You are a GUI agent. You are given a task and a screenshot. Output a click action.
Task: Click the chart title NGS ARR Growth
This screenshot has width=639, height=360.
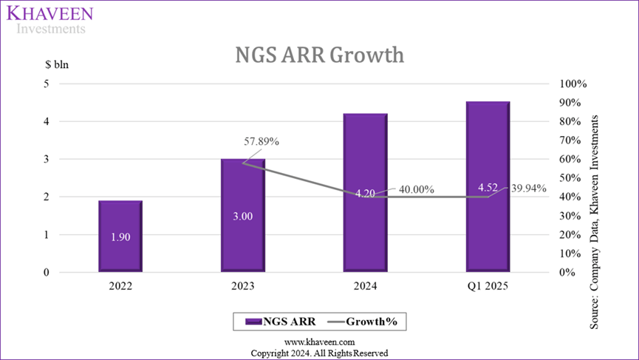point(319,55)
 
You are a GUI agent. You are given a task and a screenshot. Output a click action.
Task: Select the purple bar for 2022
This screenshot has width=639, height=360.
point(120,255)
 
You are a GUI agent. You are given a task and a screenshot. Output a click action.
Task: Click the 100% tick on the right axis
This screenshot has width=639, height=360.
point(573,84)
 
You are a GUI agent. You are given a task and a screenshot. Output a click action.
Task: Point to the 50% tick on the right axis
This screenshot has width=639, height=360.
point(570,178)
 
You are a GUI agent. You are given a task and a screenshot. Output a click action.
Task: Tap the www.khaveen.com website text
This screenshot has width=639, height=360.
point(319,342)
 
